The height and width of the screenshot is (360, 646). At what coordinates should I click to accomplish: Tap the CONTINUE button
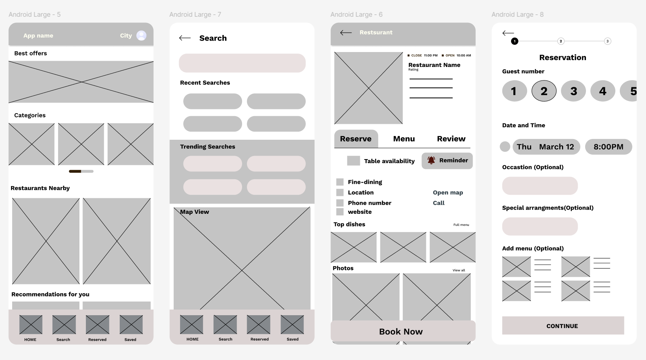point(563,325)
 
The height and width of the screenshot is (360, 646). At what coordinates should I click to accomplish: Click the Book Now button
point(403,331)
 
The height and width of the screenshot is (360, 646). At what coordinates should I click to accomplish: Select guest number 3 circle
point(573,91)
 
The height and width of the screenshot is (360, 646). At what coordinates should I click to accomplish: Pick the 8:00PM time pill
point(608,147)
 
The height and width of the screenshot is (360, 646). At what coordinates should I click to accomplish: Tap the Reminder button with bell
point(447,161)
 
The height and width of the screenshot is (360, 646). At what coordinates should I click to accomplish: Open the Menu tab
point(404,139)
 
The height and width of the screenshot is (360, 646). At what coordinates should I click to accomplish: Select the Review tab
point(451,139)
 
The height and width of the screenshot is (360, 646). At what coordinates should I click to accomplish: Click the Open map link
point(448,193)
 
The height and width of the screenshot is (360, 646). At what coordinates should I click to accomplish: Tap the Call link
point(439,203)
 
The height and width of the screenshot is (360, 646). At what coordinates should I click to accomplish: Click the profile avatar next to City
point(141,35)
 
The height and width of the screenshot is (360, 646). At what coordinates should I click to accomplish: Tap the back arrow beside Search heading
point(185,38)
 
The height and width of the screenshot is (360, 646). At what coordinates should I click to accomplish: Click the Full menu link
point(461,225)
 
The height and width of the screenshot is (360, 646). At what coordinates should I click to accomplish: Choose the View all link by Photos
point(459,270)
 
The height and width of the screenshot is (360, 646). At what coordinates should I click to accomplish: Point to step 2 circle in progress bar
point(560,41)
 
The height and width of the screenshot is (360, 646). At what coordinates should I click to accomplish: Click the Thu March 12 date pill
point(546,147)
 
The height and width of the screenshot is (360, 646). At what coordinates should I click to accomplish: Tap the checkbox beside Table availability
point(353,161)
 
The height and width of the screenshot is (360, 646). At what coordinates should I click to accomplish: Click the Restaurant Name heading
point(434,65)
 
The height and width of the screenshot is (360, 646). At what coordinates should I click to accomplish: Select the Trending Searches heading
point(207,147)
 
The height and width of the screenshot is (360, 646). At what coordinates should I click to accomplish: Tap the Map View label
point(195,212)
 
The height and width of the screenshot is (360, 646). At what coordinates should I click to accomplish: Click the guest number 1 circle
point(515,91)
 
